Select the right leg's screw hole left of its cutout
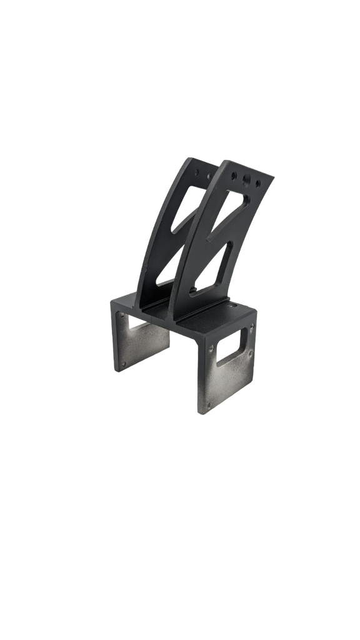211,348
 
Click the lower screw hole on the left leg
122,366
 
